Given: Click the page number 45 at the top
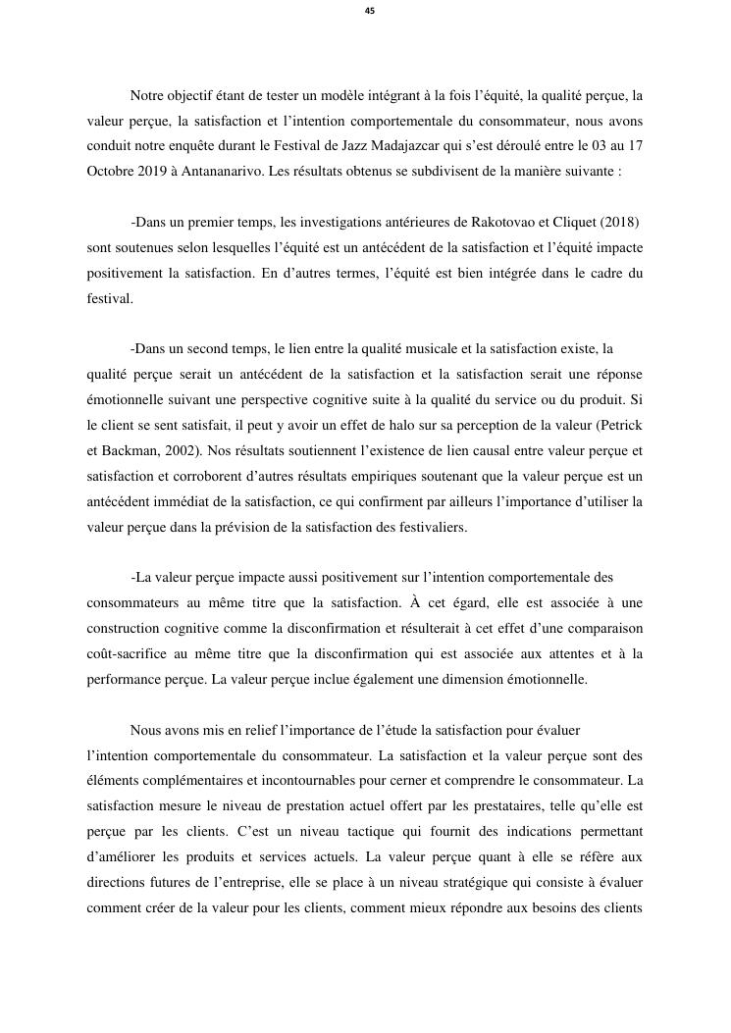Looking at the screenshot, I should coord(369,11).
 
